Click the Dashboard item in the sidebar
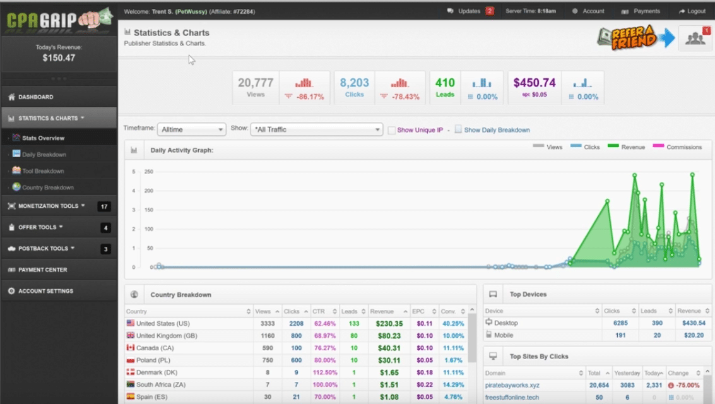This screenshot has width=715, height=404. coord(36,97)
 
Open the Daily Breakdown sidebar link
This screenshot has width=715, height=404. coord(44,155)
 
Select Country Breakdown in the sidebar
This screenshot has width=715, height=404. coord(47,187)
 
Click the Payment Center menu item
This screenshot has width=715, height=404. coord(42,270)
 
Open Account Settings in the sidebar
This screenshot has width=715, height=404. coord(45,291)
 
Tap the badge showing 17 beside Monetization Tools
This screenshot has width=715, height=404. coord(104,206)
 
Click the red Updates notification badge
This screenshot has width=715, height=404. coord(490,11)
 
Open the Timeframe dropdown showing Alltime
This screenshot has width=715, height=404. coord(191,129)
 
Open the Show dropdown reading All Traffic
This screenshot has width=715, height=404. coord(316,129)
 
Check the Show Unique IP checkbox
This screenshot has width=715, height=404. coord(392,130)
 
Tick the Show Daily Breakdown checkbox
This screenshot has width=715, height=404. coord(458,129)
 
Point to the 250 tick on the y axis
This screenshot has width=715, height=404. coord(149,172)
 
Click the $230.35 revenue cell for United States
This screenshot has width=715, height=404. coord(389,324)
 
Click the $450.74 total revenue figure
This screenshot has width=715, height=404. coord(534,83)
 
